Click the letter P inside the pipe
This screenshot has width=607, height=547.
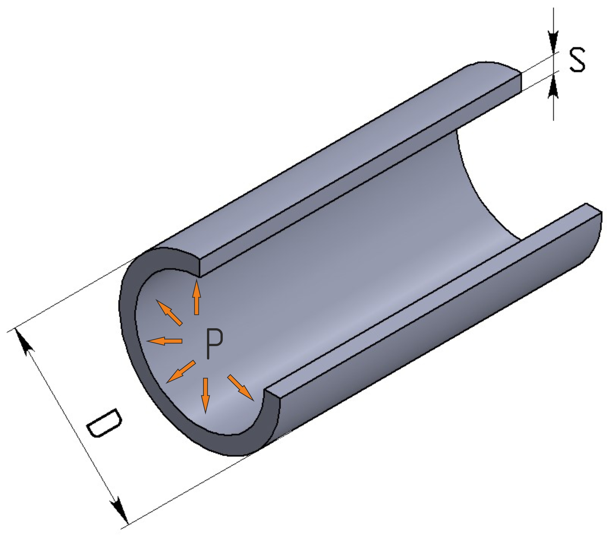[x=214, y=343]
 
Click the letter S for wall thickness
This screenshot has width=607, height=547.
[x=576, y=60]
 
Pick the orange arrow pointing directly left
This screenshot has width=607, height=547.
[x=164, y=341]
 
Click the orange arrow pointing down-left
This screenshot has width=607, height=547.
[x=181, y=372]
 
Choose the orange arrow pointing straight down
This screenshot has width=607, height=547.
[x=205, y=395]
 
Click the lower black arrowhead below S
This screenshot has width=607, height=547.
[x=553, y=87]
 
